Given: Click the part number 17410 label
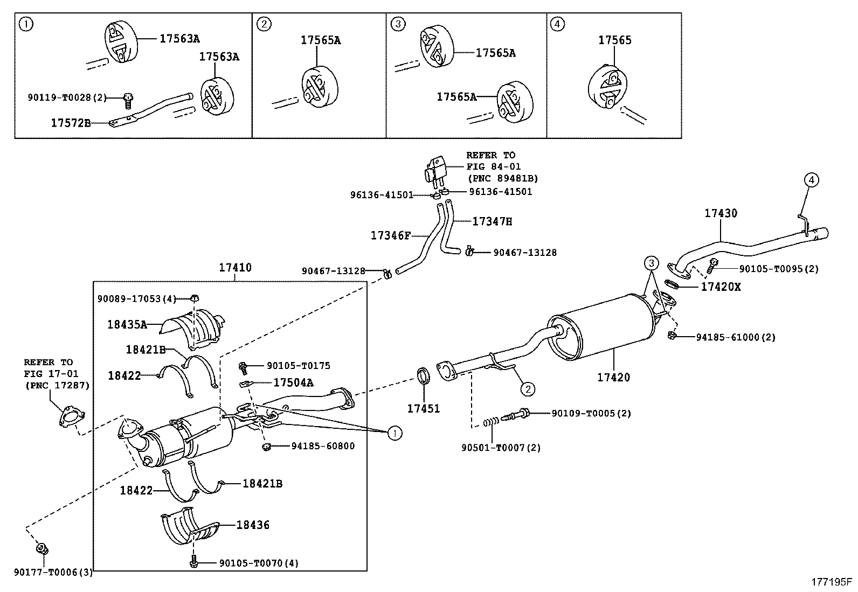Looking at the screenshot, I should [x=235, y=267].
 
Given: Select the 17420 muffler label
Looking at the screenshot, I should [x=613, y=377].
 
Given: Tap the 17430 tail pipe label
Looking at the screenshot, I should [x=721, y=213].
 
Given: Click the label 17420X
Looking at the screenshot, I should [x=721, y=287].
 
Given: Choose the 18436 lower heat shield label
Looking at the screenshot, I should [x=253, y=525].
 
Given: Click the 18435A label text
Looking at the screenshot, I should [x=127, y=324].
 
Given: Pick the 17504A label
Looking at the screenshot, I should [x=293, y=382].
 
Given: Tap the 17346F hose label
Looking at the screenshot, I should [x=391, y=235].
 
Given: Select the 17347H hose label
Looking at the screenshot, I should [x=492, y=221].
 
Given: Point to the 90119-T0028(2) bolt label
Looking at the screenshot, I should [x=67, y=97].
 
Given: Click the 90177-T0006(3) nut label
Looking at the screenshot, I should [x=53, y=573].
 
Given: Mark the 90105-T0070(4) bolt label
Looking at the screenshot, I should [x=259, y=563].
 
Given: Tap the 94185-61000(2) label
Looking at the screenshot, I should [x=735, y=337].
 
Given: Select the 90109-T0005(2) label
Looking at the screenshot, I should [x=591, y=413].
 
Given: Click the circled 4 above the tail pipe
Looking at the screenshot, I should [x=812, y=180].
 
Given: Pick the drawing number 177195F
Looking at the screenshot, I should [x=832, y=582].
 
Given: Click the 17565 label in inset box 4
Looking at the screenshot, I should [x=615, y=40].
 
